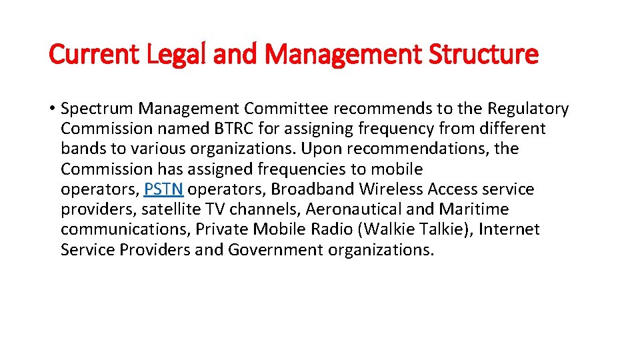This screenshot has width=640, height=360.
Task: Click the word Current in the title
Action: pos(91,54)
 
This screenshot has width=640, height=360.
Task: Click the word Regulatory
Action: pos(528,109)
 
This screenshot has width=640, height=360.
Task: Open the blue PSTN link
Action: pos(163,189)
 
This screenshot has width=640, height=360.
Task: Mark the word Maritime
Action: pos(473,209)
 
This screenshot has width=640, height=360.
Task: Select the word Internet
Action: pos(509,230)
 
